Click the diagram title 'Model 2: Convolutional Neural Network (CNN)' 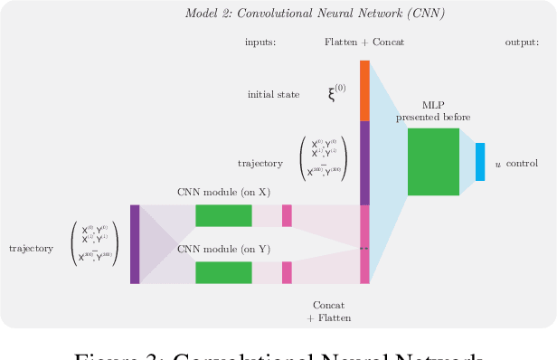pyautogui.click(x=314, y=14)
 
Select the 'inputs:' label pyautogui.click(x=260, y=43)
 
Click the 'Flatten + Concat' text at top pyautogui.click(x=363, y=43)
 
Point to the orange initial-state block pyautogui.click(x=365, y=90)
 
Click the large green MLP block pyautogui.click(x=433, y=162)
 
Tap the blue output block pyautogui.click(x=480, y=162)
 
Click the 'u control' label pyautogui.click(x=516, y=164)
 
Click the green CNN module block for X pyautogui.click(x=223, y=215)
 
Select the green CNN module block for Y pyautogui.click(x=223, y=272)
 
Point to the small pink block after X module pyautogui.click(x=287, y=215)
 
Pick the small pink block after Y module pyautogui.click(x=287, y=272)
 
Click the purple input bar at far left pyautogui.click(x=135, y=244)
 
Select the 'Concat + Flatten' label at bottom pyautogui.click(x=328, y=311)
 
